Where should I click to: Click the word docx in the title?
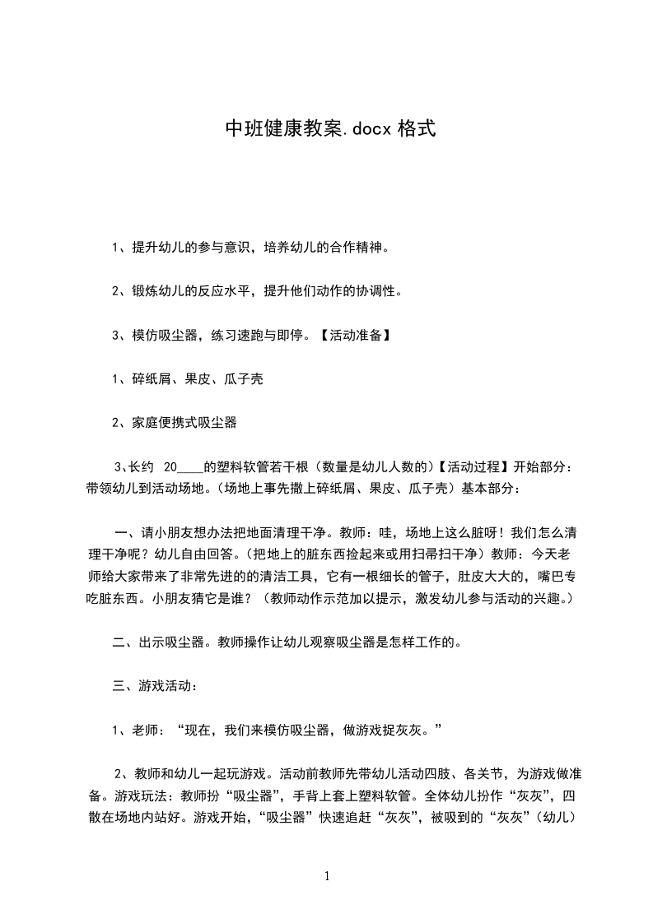(x=367, y=129)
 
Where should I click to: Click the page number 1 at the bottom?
(x=327, y=877)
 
